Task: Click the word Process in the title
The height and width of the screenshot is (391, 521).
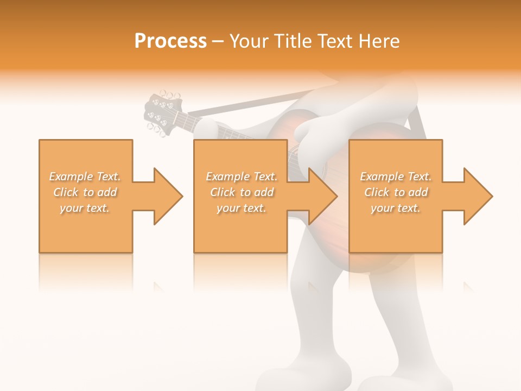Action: pos(170,41)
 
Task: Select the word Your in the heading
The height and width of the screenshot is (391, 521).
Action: pos(249,41)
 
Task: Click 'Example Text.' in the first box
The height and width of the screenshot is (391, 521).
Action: pos(85,176)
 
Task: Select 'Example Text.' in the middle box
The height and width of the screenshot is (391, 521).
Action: pos(242,176)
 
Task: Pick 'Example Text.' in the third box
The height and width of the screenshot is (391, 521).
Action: pos(396,176)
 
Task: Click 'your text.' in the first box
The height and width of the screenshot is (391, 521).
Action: pos(85,208)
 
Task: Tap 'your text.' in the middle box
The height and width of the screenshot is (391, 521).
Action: pos(241,208)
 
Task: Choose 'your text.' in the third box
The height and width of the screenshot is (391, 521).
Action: pos(395,208)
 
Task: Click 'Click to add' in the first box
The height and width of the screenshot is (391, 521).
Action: pos(85,192)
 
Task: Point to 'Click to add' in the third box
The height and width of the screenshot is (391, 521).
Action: pos(396,192)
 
